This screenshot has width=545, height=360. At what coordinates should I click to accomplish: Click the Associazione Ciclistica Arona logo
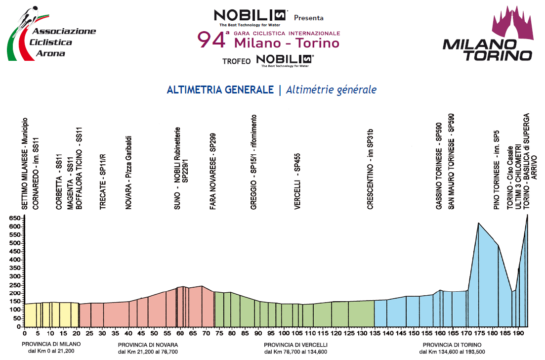coord(49,35)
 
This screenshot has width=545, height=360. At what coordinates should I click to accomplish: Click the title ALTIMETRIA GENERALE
coord(220,90)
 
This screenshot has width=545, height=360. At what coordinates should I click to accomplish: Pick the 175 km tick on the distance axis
coord(479,333)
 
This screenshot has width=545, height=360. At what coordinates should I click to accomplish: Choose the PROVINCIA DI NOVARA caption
coord(148,345)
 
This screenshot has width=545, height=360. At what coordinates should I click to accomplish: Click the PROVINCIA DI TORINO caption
coord(449,345)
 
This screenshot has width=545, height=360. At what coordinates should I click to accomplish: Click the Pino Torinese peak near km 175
coord(478,224)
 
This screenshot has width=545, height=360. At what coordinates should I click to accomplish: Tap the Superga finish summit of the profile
coord(527,215)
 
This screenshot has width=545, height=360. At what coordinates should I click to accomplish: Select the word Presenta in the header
coord(309,18)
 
